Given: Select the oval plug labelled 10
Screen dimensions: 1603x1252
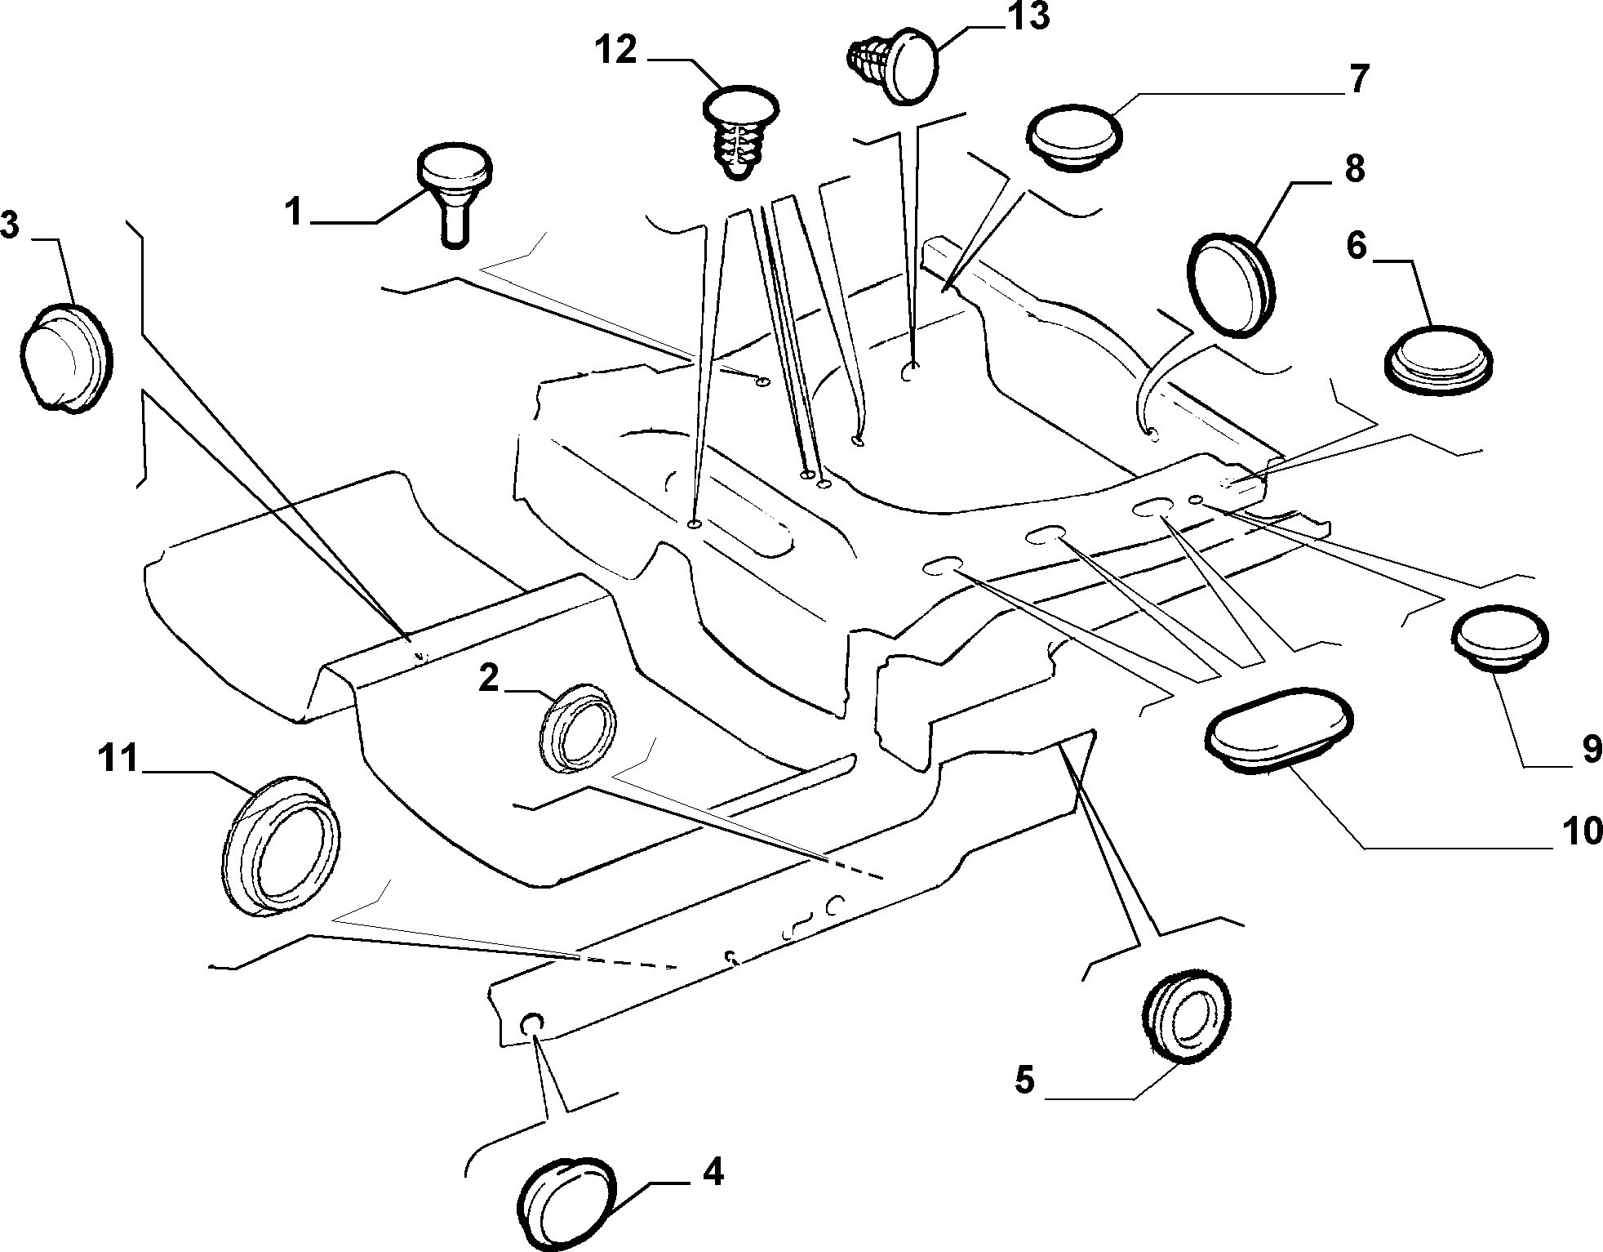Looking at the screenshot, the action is [1278, 731].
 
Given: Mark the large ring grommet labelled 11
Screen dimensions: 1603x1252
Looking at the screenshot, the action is [282, 844].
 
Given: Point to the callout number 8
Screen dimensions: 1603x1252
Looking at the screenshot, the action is [1354, 170].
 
